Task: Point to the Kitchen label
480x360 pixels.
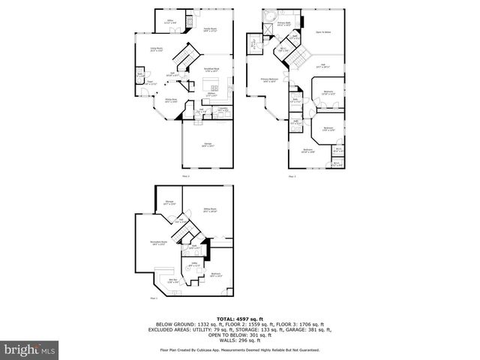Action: pos(212,94)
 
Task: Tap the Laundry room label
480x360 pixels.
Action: pos(223,109)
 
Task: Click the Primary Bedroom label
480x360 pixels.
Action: pos(269,79)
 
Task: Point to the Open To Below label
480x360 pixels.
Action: pos(325,32)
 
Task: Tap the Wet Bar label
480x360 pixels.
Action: pos(172,280)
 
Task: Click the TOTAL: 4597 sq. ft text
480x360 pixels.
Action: pos(239,318)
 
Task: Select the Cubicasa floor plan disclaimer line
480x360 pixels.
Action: pos(239,350)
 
